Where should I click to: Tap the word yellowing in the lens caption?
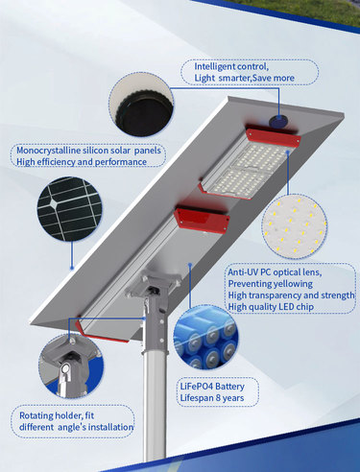click(x=292, y=284)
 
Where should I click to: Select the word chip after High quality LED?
click(x=304, y=307)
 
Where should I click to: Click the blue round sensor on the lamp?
click(x=277, y=121)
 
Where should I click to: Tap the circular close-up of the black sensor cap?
click(x=141, y=104)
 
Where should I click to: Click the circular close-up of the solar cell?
click(x=70, y=209)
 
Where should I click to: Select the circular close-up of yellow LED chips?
click(x=294, y=226)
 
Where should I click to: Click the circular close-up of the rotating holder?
click(x=71, y=366)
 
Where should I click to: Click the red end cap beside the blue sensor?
click(x=273, y=136)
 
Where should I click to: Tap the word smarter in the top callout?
click(x=234, y=78)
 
